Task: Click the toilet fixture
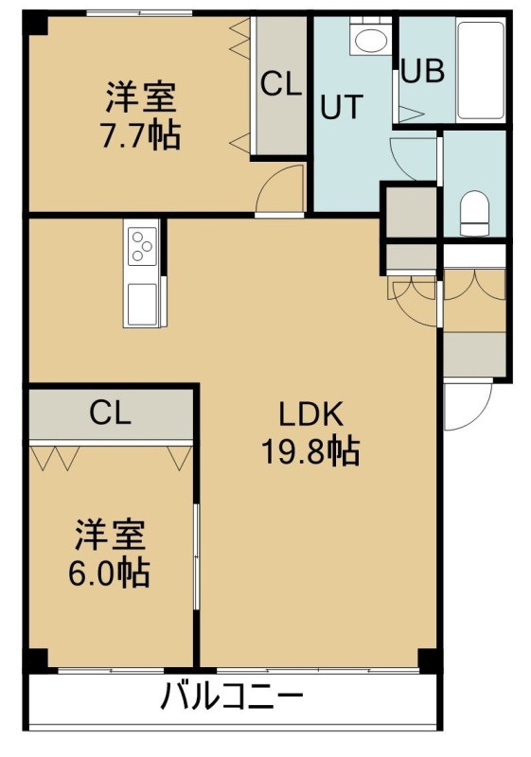[474, 213]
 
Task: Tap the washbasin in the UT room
[370, 39]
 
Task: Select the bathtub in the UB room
[481, 69]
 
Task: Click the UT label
[342, 107]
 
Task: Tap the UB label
[423, 71]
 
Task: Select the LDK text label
[311, 414]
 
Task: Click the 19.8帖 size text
[310, 451]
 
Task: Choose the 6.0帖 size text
[109, 572]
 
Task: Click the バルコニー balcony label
[232, 696]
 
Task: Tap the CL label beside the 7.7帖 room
[281, 83]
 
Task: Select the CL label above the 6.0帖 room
[111, 414]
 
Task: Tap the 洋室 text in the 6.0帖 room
[110, 535]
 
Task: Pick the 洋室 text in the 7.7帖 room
[141, 97]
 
